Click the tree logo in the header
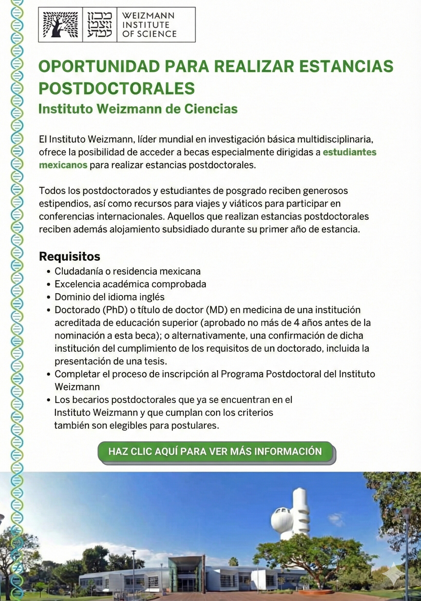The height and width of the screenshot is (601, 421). (60, 25)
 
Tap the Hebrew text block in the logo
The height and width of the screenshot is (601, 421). (100, 25)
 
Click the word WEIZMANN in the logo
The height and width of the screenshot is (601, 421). (148, 16)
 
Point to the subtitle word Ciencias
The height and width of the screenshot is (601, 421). (211, 109)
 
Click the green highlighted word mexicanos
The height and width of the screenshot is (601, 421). (63, 165)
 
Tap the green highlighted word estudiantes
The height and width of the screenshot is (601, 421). (350, 152)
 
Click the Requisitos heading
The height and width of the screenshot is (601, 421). (69, 256)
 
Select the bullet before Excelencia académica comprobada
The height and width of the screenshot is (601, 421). (48, 285)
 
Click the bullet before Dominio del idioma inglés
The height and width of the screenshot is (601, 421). (48, 297)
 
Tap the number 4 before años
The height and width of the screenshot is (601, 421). (296, 323)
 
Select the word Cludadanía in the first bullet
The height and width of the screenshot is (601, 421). (79, 271)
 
